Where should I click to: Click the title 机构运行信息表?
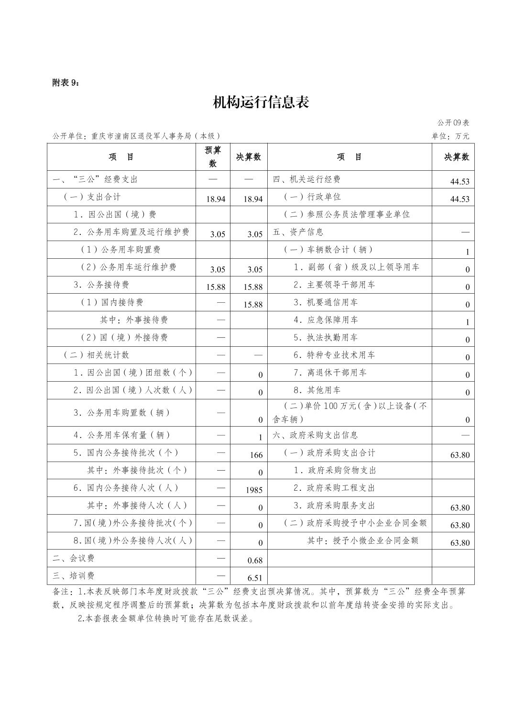point(261,102)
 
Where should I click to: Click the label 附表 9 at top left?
point(66,83)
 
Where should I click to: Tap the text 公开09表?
point(453,123)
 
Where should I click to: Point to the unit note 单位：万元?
point(450,136)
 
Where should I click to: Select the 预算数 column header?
point(213,157)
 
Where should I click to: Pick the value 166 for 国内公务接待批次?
point(256,455)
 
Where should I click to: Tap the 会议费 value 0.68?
point(255,560)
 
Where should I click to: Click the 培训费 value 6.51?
point(255,578)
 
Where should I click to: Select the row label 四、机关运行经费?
point(306,179)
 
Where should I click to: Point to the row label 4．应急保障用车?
point(326,319)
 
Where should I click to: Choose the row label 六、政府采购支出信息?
point(315,435)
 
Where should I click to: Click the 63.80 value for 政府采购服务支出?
point(459,507)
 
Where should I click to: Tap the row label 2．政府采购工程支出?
point(334,488)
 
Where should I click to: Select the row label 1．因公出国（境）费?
point(115,214)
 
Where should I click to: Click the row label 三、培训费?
point(74,576)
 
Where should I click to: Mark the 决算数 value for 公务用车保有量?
point(261,437)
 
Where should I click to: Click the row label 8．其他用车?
point(317,390)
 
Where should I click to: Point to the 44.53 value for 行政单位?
point(459,199)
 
